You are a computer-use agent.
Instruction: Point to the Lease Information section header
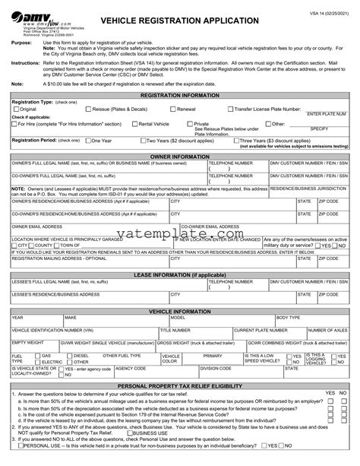pyautogui.click(x=180, y=274)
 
